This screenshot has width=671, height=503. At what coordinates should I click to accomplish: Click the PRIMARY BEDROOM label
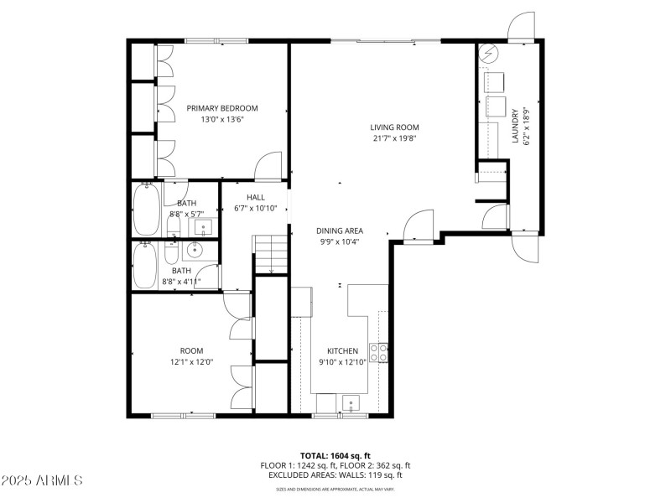pyautogui.click(x=222, y=108)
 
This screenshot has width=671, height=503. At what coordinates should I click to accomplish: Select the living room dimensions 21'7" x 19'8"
pyautogui.click(x=394, y=139)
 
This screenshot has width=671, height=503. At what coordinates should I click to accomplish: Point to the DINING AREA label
pyautogui.click(x=339, y=231)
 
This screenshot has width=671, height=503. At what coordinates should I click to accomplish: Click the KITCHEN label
pyautogui.click(x=342, y=351)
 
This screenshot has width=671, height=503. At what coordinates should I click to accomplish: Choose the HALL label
pyautogui.click(x=255, y=197)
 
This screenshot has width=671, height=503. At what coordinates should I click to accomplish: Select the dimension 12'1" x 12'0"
pyautogui.click(x=191, y=362)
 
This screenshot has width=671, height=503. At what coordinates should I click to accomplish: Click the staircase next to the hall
pyautogui.click(x=270, y=254)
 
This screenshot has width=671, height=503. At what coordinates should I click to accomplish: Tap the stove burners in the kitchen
pyautogui.click(x=382, y=353)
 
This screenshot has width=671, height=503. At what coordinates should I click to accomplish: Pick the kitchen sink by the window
pyautogui.click(x=350, y=403)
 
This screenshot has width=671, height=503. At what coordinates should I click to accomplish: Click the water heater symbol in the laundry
pyautogui.click(x=489, y=56)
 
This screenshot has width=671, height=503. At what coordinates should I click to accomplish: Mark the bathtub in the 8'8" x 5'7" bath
pyautogui.click(x=147, y=210)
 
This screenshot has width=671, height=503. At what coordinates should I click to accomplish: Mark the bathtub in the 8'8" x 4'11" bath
pyautogui.click(x=146, y=266)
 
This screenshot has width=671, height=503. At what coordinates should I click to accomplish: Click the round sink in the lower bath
pyautogui.click(x=195, y=249)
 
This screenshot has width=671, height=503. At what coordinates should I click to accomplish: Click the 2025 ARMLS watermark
pyautogui.click(x=42, y=481)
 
